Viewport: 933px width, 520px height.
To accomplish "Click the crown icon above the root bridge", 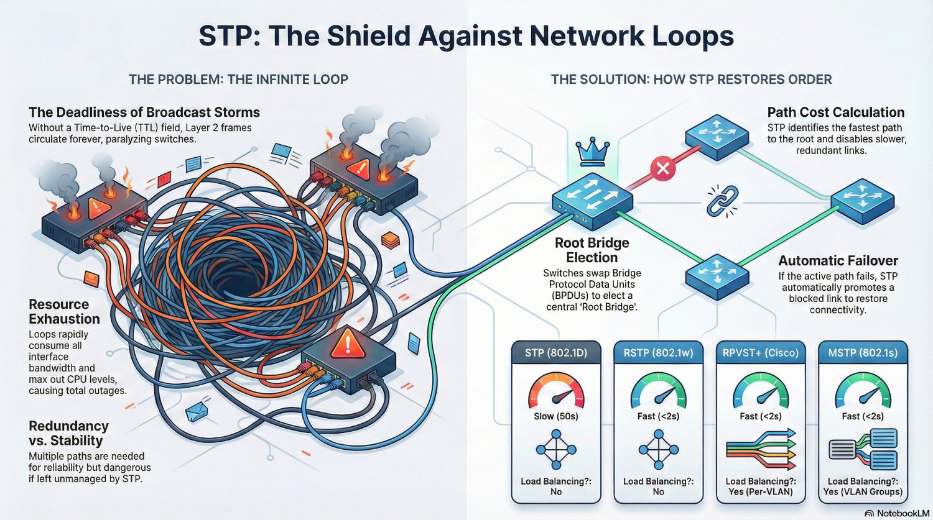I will [x=592, y=152].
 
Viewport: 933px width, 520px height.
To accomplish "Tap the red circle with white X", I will [x=662, y=168].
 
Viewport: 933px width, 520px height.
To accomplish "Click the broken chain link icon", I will [x=722, y=201].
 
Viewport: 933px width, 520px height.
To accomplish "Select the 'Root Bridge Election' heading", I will [x=592, y=250].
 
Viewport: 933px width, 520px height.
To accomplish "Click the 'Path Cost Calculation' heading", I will [x=835, y=112].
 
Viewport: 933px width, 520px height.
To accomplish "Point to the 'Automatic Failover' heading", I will [x=838, y=261].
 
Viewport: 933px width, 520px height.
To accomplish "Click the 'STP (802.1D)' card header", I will [x=555, y=353].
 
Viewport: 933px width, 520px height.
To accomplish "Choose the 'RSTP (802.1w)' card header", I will [x=658, y=353].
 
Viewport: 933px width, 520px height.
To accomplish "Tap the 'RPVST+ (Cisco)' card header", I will [x=760, y=353].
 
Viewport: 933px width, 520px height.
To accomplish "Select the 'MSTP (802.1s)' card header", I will [x=863, y=353].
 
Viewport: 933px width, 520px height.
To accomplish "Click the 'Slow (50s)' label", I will [x=555, y=416].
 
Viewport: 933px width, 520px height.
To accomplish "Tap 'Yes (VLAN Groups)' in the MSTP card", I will [x=863, y=491].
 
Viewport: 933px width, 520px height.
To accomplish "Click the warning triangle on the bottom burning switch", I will [x=347, y=344].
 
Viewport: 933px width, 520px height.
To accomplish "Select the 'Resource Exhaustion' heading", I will [x=64, y=311].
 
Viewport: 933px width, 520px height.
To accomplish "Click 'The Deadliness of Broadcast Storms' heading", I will [x=144, y=112].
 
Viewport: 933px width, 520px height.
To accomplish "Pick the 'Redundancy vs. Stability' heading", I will [x=68, y=433].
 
